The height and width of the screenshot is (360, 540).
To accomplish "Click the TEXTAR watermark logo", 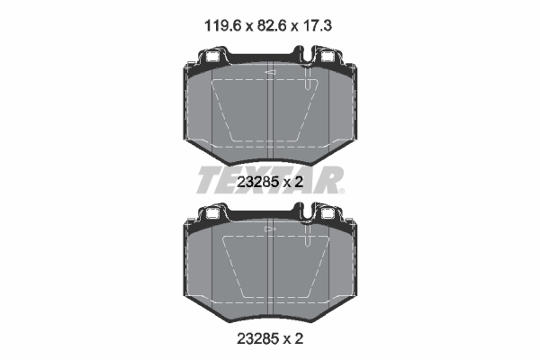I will (x=269, y=182).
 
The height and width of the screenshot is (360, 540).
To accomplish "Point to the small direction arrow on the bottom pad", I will (x=269, y=229).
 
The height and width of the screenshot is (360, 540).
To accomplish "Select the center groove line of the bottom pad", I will (x=270, y=270).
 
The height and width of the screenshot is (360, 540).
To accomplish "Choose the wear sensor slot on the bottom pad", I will (x=309, y=238).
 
